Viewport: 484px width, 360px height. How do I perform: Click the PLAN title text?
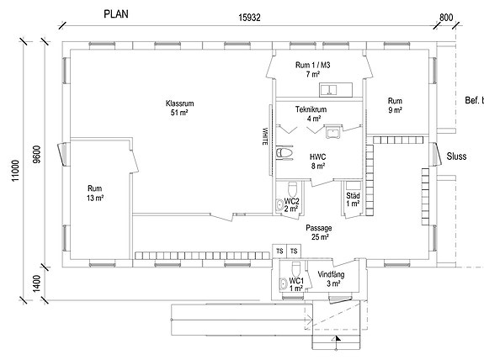(116, 14)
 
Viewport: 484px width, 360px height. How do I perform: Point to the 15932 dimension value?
(249, 18)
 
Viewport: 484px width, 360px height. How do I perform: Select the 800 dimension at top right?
(446, 18)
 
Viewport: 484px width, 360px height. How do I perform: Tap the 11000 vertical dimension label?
(15, 171)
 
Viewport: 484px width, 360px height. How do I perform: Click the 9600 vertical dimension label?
(36, 154)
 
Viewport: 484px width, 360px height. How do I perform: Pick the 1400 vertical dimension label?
(36, 283)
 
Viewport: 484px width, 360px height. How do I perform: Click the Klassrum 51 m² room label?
(179, 108)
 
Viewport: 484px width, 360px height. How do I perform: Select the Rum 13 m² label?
(95, 193)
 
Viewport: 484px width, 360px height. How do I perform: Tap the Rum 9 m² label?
(395, 105)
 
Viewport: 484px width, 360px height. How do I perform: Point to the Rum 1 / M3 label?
(312, 70)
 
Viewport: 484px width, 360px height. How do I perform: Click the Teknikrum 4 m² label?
(311, 114)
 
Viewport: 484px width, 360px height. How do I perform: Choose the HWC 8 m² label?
(318, 161)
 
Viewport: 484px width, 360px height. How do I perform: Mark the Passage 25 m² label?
(319, 232)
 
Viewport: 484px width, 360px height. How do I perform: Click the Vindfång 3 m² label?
(332, 278)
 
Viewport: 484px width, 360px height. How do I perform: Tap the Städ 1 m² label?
(353, 199)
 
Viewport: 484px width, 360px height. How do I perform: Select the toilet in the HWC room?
(284, 153)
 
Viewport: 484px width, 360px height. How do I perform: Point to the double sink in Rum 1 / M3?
(328, 90)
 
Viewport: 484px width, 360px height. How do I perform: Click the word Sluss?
(456, 156)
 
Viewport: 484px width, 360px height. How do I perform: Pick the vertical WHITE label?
(265, 136)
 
